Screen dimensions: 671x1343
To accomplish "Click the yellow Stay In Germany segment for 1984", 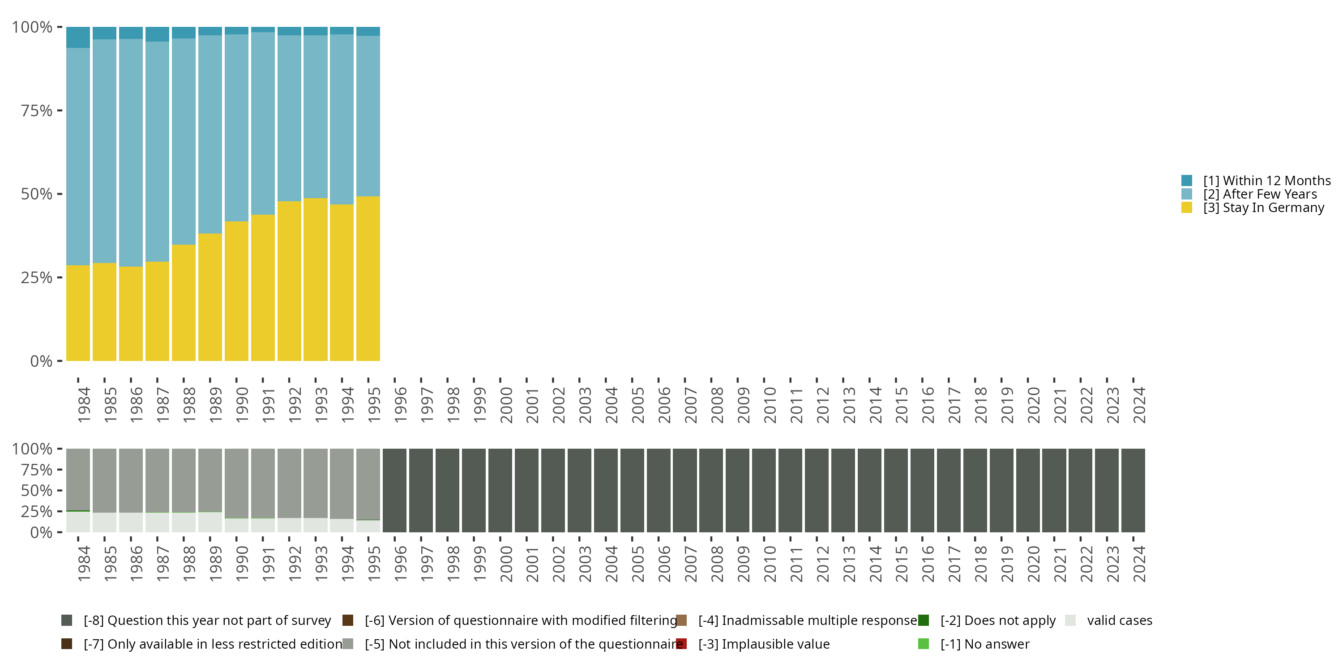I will pos(78,313).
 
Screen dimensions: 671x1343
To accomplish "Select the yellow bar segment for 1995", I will pos(368,279).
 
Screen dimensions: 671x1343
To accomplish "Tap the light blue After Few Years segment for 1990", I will pos(236,127).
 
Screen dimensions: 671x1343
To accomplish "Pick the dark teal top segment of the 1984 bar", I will pos(78,37).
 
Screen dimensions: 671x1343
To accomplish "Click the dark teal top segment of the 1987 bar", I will pos(157,34).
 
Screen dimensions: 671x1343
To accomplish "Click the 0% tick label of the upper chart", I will pos(41,361).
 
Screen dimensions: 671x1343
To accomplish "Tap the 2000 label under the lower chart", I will pos(506,564).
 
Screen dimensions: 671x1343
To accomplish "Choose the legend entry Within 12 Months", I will pos(1266,181).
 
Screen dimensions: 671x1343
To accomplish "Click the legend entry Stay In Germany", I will pos(1263,208).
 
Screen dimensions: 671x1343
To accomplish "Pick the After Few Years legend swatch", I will pos(1187,194).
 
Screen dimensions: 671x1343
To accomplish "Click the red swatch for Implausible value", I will pos(681,644).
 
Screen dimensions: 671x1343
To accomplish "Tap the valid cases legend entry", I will pos(1119,620).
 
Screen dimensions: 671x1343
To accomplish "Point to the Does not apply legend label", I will pos(998,620).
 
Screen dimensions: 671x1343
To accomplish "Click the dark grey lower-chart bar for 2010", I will pos(764,490).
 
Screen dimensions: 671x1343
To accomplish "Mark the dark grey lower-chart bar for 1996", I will pos(395,490).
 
